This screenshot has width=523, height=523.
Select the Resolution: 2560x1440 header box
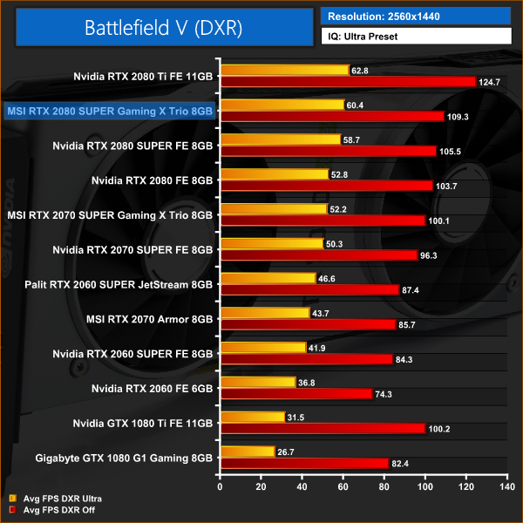point(415,16)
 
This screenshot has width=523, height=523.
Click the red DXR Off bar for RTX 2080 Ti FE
point(348,82)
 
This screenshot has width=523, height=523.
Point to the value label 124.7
point(490,82)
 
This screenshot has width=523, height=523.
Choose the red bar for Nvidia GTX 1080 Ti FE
point(323,428)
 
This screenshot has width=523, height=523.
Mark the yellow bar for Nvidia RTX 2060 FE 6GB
point(258,382)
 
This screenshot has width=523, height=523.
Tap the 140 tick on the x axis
point(506,479)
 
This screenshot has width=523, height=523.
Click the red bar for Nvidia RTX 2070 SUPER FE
point(319,255)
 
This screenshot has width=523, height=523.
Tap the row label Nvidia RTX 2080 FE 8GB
point(152,180)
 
